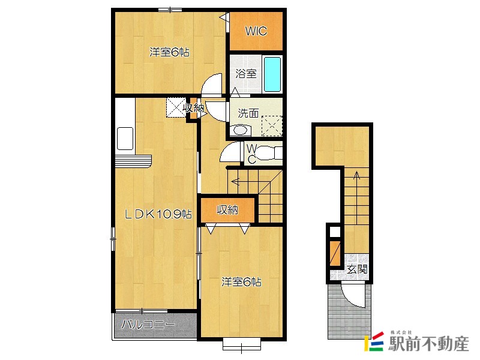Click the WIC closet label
pos(256,31)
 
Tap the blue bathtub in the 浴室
pos(272,74)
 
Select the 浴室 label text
pos(246,73)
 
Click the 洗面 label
pos(248,113)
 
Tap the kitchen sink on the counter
pos(125,139)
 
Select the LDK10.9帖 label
pos(158,214)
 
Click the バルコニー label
pos(148,324)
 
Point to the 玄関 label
pos(357,269)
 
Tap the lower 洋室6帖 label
pos(242,281)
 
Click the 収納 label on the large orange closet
pos(227,210)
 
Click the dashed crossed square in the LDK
pos(176,107)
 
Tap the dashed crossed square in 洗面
pos(272,125)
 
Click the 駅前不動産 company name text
pos(428,343)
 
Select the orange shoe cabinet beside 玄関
pos(335,253)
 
